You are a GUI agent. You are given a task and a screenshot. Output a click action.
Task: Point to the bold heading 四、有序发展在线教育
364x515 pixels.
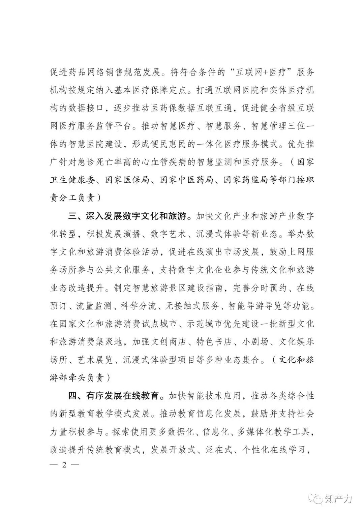[114, 395]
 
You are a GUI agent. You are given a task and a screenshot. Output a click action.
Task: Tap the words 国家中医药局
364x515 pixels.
[186, 180]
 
